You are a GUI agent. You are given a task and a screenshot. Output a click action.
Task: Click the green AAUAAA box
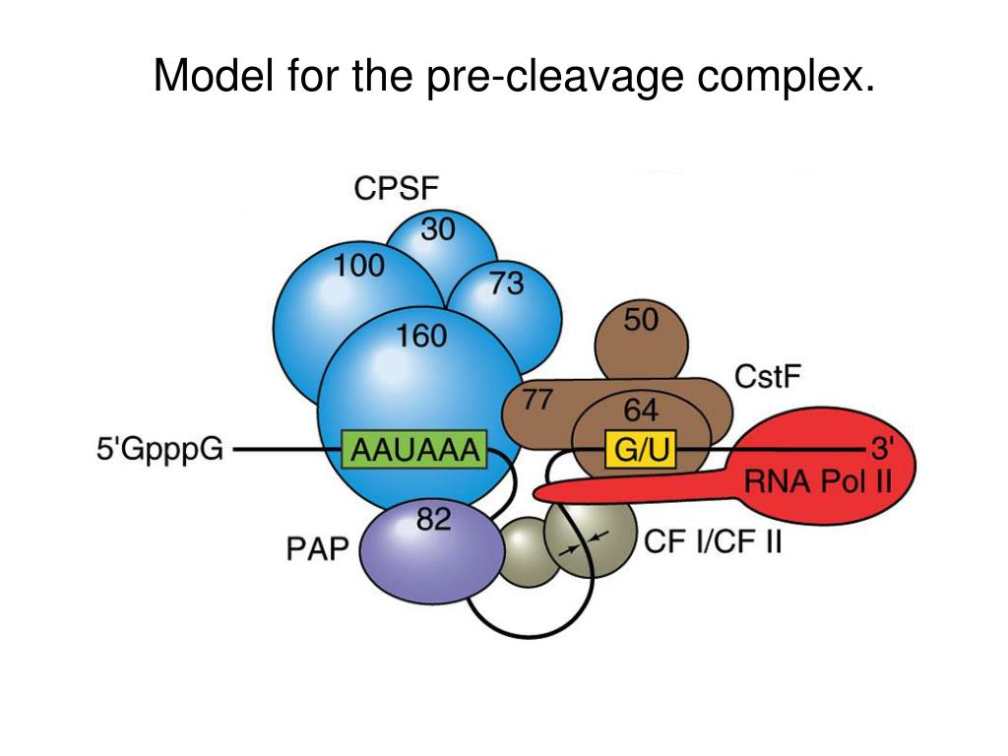pos(414,449)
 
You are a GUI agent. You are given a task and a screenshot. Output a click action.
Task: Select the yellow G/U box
pos(640,449)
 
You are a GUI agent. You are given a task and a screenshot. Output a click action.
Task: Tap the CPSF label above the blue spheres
pos(396,188)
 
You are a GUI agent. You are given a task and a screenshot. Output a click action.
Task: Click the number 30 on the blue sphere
pos(438,228)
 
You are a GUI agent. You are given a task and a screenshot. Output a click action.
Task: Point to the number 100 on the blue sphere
pos(359,265)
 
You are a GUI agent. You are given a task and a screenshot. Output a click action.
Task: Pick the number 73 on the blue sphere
pos(507,283)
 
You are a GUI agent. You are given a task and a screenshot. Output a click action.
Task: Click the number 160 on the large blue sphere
pos(421,336)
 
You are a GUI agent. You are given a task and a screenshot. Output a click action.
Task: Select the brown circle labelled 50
pos(641,341)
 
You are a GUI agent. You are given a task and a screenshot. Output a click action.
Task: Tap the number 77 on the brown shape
pos(536,400)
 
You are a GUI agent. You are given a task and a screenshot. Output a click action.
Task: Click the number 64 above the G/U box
pos(641,410)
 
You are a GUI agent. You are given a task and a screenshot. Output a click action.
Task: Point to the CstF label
pos(768,377)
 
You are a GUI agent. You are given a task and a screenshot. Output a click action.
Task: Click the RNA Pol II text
pos(818,480)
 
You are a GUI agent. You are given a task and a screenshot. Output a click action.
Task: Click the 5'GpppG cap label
pos(160,449)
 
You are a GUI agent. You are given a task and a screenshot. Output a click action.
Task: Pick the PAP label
pos(317,549)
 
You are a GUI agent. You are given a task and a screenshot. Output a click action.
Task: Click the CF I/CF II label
pos(713,542)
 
